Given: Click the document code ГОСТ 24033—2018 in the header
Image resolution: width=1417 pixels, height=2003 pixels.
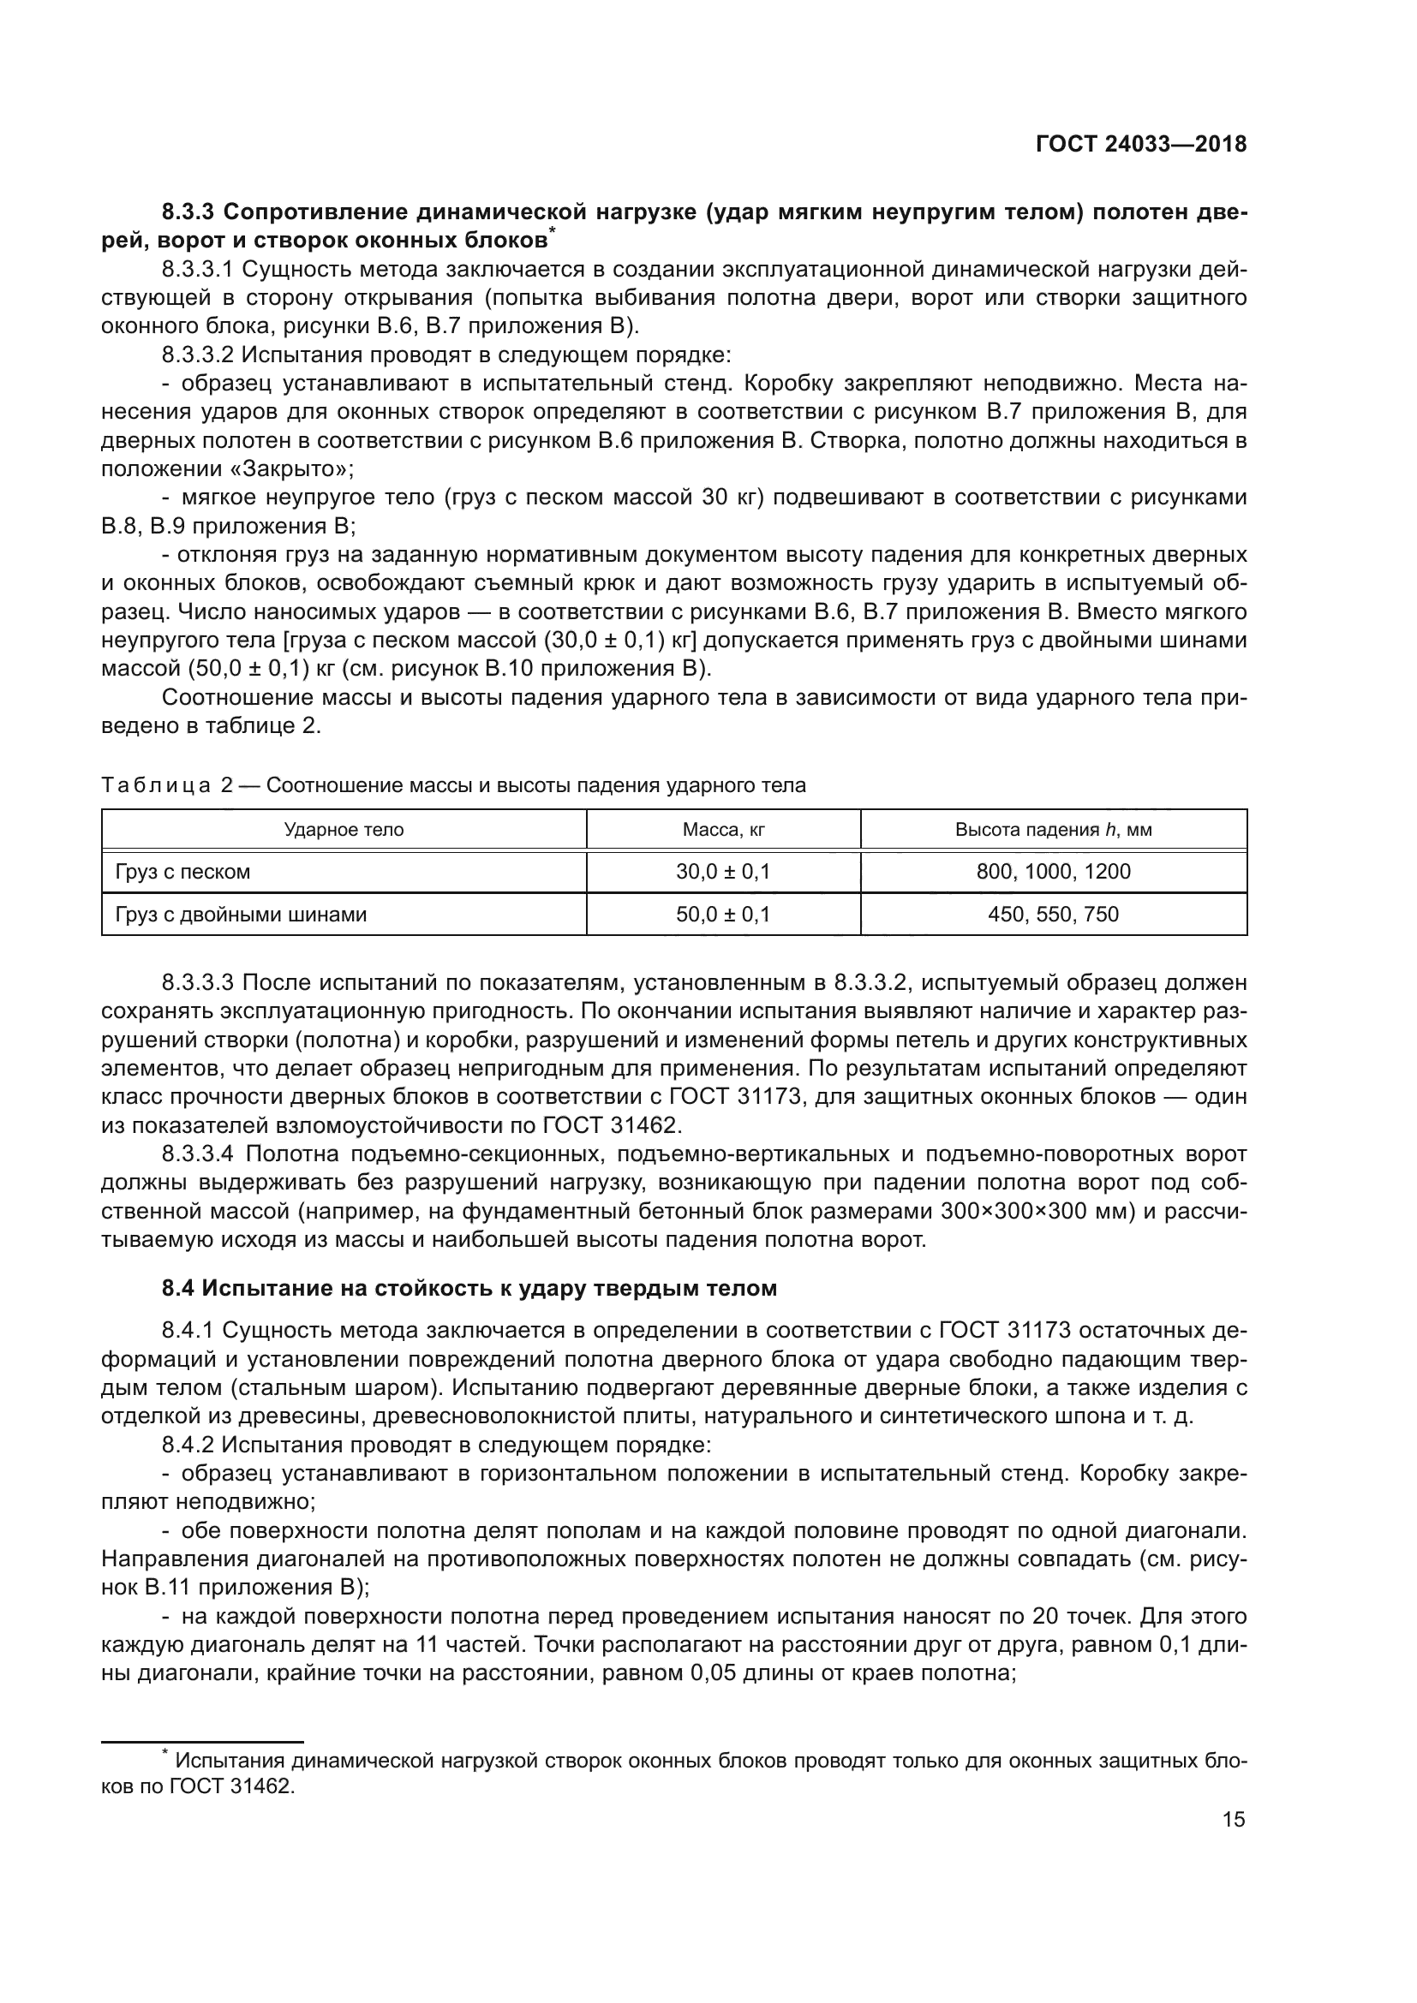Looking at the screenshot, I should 1140,145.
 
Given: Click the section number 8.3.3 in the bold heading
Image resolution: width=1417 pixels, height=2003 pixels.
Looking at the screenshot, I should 190,212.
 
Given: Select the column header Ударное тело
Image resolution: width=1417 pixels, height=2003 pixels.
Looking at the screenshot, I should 344,830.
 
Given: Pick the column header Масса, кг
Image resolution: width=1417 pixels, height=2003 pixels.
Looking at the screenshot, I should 723,830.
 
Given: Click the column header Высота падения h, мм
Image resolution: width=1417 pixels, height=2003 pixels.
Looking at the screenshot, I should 1053,830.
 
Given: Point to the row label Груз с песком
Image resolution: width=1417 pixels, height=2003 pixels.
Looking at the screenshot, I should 183,872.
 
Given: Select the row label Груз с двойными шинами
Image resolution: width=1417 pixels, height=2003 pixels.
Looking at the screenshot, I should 241,915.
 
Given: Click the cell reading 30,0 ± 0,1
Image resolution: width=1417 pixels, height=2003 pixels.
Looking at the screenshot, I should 723,872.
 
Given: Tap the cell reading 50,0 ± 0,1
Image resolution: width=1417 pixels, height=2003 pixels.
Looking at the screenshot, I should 723,915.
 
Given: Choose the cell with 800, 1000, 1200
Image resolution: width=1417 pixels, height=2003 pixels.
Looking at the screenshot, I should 1053,872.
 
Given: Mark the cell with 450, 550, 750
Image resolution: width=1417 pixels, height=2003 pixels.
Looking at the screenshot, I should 1053,915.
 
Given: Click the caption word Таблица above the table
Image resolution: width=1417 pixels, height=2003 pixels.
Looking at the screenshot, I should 156,785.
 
